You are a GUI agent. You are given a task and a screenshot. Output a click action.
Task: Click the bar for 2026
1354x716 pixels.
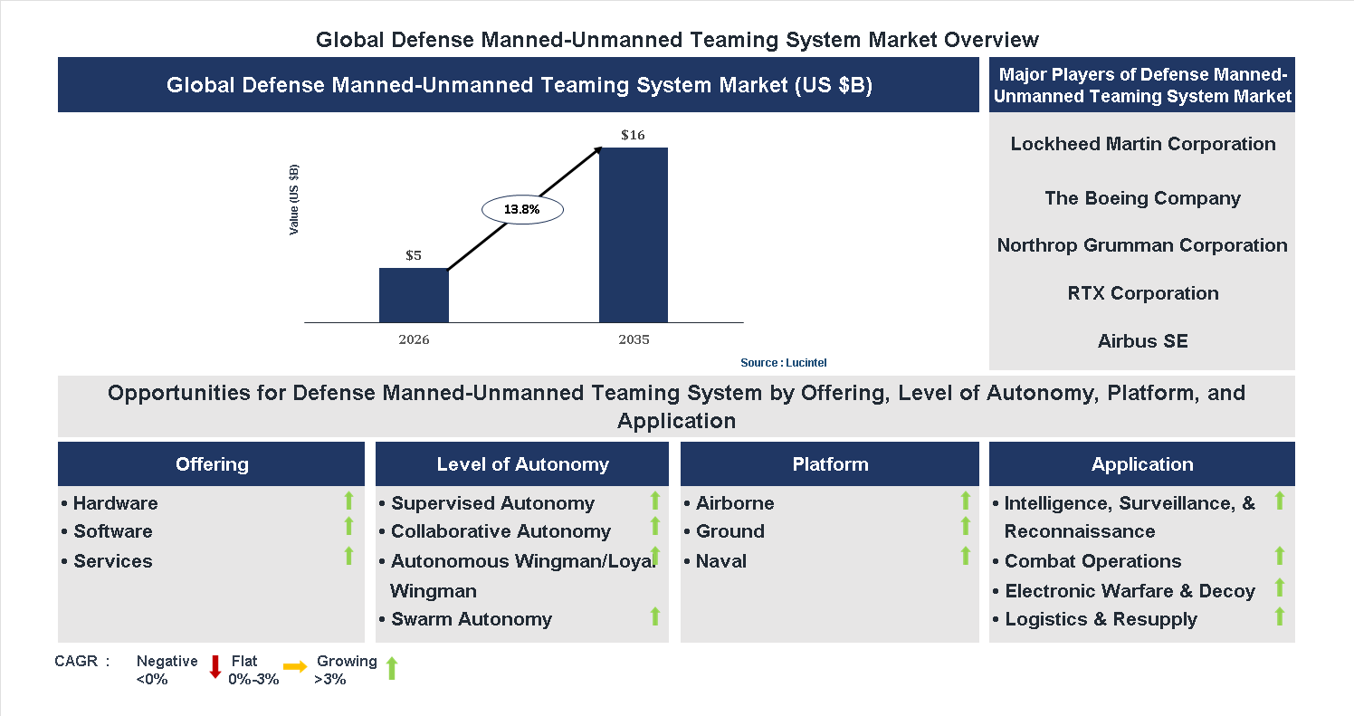pos(414,295)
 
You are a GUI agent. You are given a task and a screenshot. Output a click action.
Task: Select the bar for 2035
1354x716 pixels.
pos(634,234)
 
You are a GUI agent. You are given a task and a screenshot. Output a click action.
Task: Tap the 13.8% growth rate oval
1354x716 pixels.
pos(522,210)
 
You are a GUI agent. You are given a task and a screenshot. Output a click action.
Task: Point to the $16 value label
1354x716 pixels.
pos(633,135)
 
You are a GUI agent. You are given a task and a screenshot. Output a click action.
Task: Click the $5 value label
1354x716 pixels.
pos(414,255)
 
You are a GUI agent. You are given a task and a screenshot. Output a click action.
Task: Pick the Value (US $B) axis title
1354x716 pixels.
pos(294,200)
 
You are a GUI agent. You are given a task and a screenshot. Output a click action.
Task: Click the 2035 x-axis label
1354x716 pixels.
pos(634,340)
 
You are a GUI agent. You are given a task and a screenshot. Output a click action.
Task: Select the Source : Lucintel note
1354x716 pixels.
pos(783,363)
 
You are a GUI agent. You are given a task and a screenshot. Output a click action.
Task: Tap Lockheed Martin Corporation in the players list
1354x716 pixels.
pos(1142,144)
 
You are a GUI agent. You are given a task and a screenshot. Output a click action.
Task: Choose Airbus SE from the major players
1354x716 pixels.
pos(1142,341)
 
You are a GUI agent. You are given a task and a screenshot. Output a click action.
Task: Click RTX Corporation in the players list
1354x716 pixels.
pos(1142,293)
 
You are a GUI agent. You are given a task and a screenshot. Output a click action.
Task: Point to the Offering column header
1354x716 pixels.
pos(212,464)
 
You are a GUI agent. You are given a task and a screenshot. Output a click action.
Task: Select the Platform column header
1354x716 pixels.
pos(830,464)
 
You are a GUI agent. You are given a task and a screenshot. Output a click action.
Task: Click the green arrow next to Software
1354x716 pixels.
pos(348,527)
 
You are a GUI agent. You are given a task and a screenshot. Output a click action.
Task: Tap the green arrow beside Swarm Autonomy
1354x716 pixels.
pos(654,616)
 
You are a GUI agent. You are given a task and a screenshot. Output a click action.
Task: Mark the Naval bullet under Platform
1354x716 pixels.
pos(720,561)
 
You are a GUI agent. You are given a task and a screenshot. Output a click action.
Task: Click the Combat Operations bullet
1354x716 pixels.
pos(1092,561)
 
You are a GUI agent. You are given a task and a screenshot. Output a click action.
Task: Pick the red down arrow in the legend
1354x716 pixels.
pos(215,667)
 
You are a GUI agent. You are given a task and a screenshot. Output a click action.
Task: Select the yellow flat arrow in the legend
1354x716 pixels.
pos(295,667)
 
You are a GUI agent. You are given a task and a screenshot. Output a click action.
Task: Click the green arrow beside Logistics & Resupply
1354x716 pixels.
pos(1279,616)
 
